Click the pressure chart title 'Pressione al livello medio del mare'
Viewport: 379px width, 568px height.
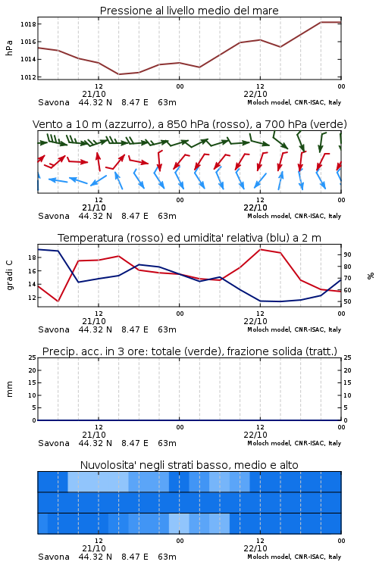pos(189,11)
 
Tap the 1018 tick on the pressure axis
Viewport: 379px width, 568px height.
pos(28,24)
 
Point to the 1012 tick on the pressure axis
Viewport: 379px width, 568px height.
pos(28,77)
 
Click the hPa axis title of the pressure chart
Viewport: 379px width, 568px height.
pos(9,48)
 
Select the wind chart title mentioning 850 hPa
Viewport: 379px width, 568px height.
pos(189,124)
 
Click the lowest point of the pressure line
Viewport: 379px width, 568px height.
pos(118,74)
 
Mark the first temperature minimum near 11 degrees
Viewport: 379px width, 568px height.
pos(58,301)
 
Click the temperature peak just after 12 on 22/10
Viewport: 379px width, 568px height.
pos(260,249)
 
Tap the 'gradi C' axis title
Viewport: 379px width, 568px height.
pos(9,276)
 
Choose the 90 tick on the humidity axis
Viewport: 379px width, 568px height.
pos(347,254)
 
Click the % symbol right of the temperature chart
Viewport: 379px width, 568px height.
pos(371,276)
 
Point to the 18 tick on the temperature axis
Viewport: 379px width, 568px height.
pos(32,257)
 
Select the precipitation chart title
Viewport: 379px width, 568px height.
pos(189,351)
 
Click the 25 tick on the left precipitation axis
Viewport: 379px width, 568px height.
pos(33,357)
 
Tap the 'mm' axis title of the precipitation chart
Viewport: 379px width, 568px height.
pos(9,389)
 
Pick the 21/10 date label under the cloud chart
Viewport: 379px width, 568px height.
pos(94,548)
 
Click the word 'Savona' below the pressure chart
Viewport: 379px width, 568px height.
pos(54,102)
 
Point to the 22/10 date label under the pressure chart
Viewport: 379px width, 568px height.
pos(255,94)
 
